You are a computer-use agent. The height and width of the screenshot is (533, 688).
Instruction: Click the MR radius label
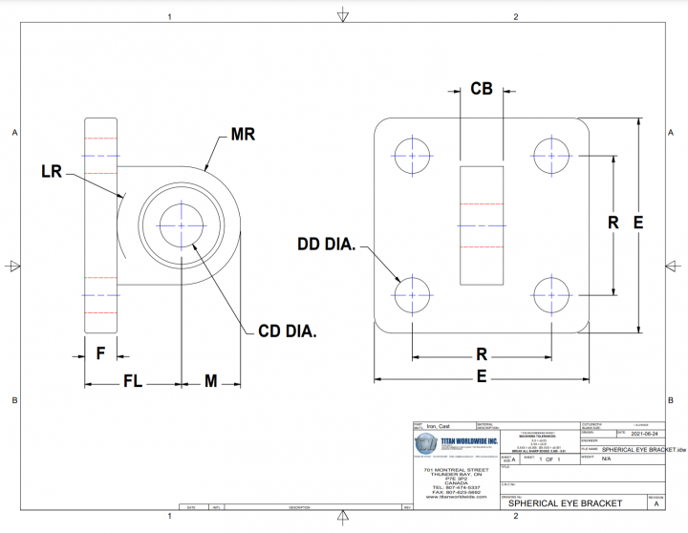coord(243,135)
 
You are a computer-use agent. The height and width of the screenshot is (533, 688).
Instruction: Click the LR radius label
coord(52,172)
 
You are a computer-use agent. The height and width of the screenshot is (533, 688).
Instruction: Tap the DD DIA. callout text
coord(327,246)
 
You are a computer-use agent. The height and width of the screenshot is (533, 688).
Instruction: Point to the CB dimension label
coord(482,89)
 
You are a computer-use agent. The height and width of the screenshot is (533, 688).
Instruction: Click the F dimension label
coord(99,352)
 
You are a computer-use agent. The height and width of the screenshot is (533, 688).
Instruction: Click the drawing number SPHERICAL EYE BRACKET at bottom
coord(565,503)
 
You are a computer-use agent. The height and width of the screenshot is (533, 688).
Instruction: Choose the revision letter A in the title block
coord(656,503)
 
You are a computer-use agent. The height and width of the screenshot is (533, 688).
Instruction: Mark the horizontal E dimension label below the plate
coord(482,376)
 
